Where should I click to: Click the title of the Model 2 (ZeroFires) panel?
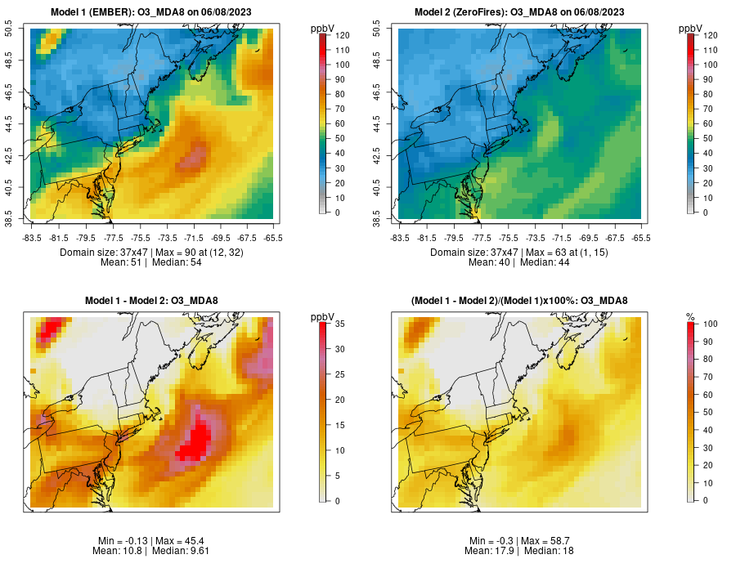[521, 11]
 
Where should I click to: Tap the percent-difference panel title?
[520, 301]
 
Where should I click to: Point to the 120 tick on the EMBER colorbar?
[343, 35]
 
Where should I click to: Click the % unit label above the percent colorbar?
[690, 317]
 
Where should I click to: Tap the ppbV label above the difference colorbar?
[324, 317]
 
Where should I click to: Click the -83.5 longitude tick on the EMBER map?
[32, 237]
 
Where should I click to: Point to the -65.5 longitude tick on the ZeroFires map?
[641, 237]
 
